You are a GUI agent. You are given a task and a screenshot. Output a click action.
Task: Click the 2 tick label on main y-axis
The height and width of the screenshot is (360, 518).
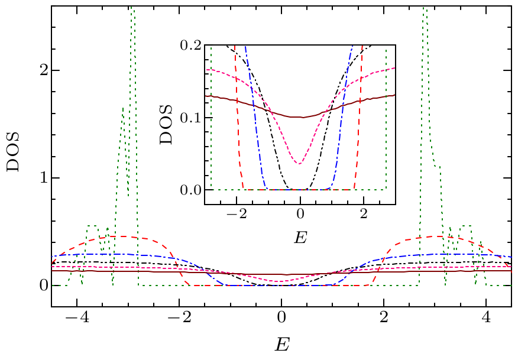coord(40,70)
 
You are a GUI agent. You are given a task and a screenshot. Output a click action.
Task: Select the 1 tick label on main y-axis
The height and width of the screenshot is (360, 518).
coord(40,178)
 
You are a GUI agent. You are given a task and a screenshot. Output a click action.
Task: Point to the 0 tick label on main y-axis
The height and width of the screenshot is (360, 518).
coord(40,286)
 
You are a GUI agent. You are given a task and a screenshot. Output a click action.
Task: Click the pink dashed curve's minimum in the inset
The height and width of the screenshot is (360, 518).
coord(300,164)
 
